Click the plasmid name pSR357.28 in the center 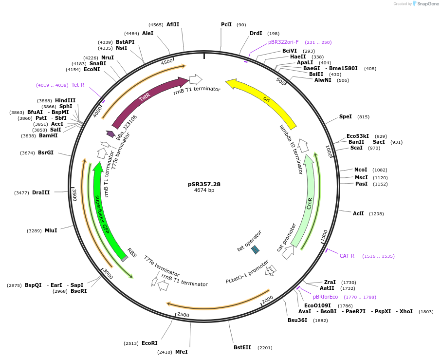[x=204, y=184]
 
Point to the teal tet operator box [x=255, y=249]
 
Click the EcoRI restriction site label [x=149, y=343]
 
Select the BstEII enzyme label [x=242, y=347]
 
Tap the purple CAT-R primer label [x=347, y=256]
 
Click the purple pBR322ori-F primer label [x=283, y=42]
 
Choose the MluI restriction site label [x=51, y=230]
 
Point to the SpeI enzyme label [x=345, y=117]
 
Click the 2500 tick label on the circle [x=183, y=315]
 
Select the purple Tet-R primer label [x=78, y=85]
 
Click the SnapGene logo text [x=428, y=4]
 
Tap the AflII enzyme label [x=173, y=24]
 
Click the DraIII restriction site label [x=41, y=193]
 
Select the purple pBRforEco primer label [x=325, y=297]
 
